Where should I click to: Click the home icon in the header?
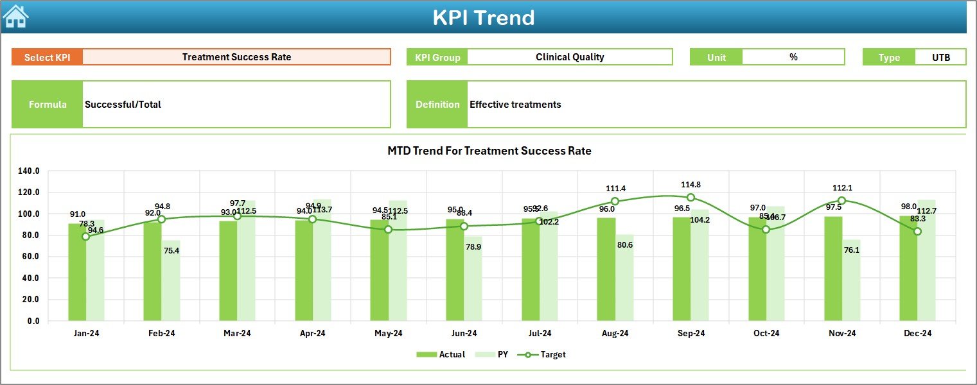click(x=16, y=17)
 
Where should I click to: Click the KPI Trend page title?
click(x=483, y=17)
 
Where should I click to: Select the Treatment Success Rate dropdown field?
click(x=236, y=57)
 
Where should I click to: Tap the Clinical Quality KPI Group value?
click(x=570, y=57)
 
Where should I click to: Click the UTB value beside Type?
click(x=940, y=57)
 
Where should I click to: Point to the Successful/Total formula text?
click(x=123, y=105)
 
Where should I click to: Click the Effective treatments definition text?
click(x=515, y=105)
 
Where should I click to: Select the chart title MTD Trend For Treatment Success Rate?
click(x=489, y=151)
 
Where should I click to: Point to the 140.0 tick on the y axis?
click(x=29, y=171)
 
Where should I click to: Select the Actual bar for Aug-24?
click(x=606, y=269)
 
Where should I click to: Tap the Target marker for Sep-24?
click(x=691, y=198)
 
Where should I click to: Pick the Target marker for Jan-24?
click(x=86, y=237)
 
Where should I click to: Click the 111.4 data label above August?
click(x=615, y=189)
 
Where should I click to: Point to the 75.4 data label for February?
click(x=172, y=251)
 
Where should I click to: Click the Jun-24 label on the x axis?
click(x=464, y=334)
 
